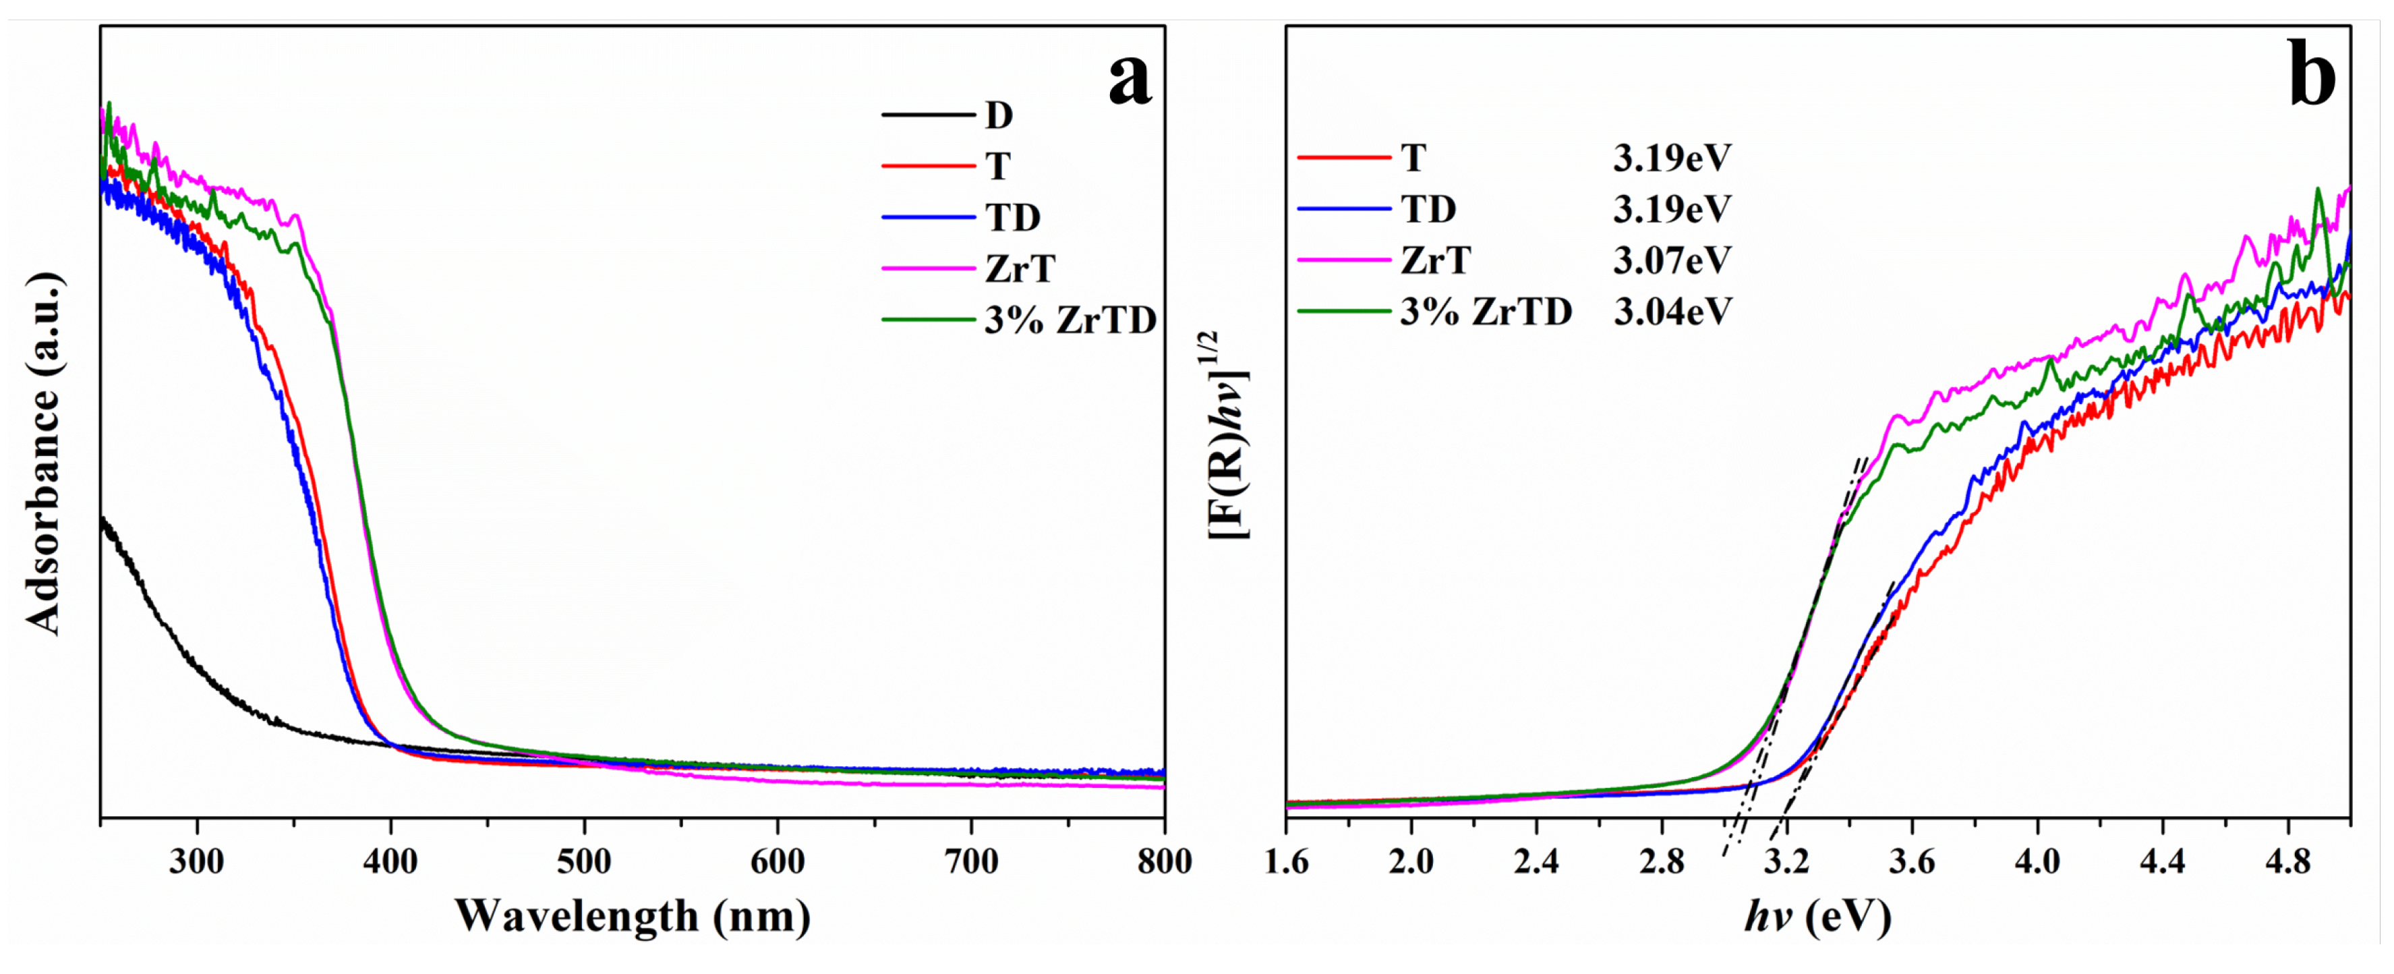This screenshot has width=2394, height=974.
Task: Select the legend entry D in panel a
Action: point(998,115)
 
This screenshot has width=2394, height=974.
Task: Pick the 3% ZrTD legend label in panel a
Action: point(1070,320)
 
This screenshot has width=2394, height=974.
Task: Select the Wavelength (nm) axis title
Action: point(632,917)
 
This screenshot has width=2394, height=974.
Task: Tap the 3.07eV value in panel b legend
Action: point(1672,260)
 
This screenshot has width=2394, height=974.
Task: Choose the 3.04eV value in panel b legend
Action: point(1672,312)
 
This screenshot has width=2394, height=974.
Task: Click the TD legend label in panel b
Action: point(1428,209)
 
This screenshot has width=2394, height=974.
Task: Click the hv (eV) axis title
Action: point(1817,917)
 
